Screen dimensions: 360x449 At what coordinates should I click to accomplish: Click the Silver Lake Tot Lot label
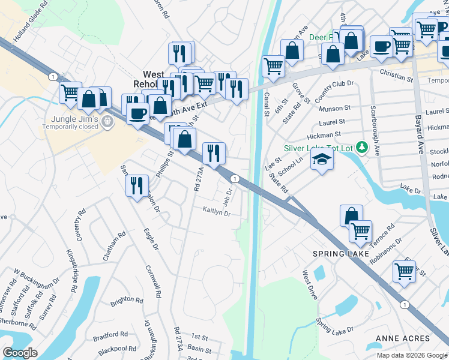318,147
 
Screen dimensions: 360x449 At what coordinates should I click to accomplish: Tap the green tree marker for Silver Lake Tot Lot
361,146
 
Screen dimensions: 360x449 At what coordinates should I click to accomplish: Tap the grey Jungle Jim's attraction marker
107,122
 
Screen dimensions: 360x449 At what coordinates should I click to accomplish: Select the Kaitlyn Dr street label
217,210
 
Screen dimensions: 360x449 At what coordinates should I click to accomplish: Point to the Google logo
20,353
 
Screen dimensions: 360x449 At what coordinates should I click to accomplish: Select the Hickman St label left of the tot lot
324,135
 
